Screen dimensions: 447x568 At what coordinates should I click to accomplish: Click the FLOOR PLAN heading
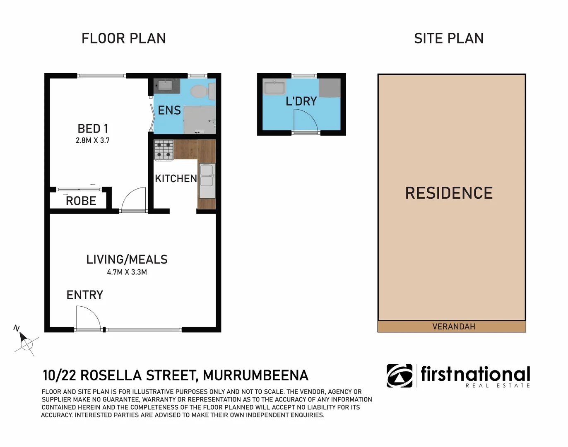coord(123,38)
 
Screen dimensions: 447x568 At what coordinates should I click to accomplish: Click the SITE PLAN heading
coord(449,38)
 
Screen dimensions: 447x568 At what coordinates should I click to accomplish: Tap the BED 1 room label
coord(93,129)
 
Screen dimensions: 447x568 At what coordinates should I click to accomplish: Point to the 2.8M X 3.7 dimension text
coord(93,141)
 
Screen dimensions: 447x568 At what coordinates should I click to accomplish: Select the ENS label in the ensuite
coord(169,111)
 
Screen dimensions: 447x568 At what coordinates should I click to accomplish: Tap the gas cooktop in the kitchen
coord(164,150)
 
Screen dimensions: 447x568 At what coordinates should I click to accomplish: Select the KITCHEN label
coord(176,179)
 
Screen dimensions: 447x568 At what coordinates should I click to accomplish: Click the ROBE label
coord(81,201)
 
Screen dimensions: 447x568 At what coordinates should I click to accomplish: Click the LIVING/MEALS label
coord(127,260)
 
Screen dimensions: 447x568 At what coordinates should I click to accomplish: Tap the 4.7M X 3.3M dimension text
coord(127,272)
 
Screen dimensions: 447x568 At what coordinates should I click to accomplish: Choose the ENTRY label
coord(85,295)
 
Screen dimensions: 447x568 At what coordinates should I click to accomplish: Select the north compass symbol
coord(26,342)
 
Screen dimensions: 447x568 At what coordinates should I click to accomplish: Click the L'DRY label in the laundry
coord(301,101)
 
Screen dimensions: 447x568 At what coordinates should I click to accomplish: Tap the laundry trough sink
coord(274,88)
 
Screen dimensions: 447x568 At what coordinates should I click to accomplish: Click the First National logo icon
coord(400,376)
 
